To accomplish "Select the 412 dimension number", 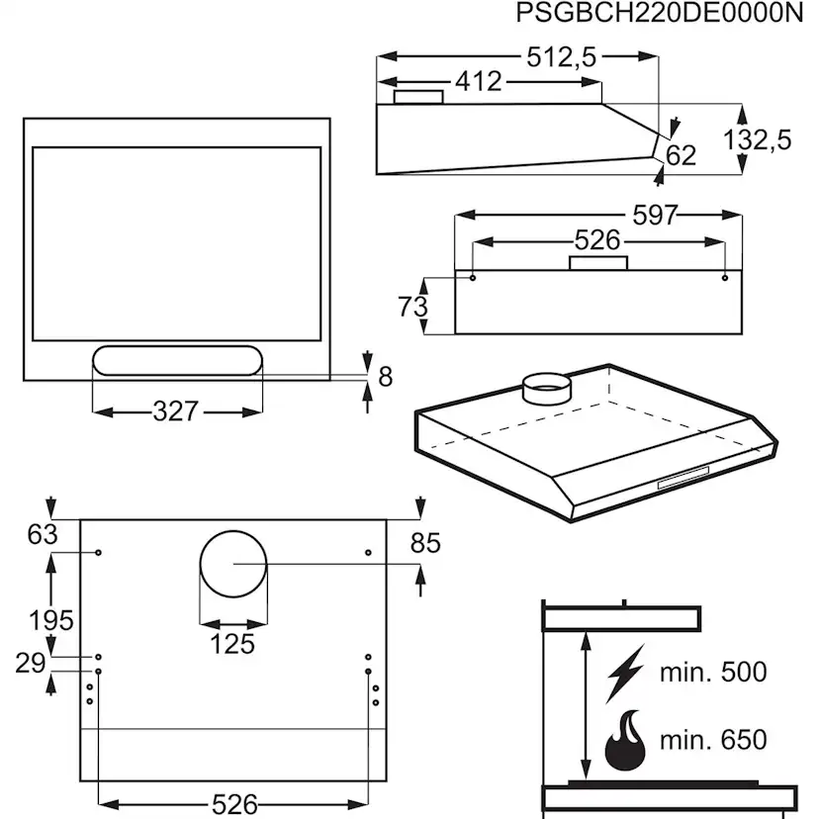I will coord(479,82).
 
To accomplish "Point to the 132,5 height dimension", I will coord(758,139).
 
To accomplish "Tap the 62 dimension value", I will coord(681,155).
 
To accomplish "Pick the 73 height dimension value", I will coord(412,307).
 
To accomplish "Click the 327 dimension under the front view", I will coord(176,410).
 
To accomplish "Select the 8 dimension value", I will coord(386,377).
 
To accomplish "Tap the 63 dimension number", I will coord(43,535).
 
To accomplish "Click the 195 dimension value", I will coord(50,621).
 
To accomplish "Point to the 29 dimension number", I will coord(32,663).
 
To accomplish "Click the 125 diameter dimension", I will coord(232,645).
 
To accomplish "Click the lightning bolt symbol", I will coord(624,674).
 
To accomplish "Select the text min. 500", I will coord(713,673).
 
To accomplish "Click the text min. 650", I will coord(713,740).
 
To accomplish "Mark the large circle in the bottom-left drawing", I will coord(232,564).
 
